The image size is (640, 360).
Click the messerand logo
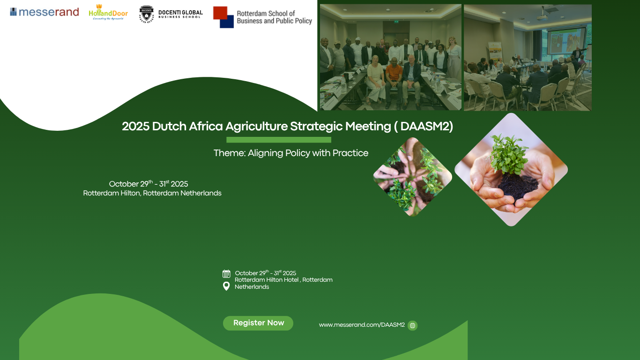45,12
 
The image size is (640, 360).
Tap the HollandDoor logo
108,12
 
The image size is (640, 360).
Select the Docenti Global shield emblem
146,14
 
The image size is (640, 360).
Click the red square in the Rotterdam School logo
220,13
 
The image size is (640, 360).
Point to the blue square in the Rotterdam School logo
227,22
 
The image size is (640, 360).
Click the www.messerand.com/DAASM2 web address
362,325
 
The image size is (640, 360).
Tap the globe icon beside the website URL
412,325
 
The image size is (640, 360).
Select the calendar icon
226,274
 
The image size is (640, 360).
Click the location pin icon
226,286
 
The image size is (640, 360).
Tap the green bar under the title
279,140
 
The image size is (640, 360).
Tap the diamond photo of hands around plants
413,177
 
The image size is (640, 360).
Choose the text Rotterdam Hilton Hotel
267,280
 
